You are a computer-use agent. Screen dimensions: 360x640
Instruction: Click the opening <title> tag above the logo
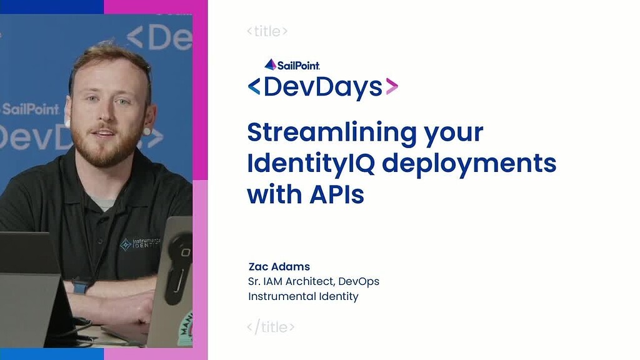pos(267,31)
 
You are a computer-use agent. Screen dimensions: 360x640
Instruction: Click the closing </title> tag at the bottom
pos(271,327)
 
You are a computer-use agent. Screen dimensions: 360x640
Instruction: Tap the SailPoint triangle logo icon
pos(270,64)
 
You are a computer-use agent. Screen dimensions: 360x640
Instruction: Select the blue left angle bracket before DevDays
pos(254,87)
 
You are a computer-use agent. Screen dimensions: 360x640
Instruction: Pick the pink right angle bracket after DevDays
pos(391,87)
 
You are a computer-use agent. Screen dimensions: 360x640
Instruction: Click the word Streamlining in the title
pos(323,132)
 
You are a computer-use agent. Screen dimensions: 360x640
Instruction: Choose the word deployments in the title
pos(469,164)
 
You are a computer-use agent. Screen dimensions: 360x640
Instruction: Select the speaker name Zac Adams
pos(279,267)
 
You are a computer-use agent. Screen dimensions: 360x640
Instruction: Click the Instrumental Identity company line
pos(303,296)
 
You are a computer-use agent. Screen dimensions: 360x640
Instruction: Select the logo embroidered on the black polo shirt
pos(139,244)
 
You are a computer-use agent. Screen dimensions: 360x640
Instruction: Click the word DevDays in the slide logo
pos(322,87)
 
